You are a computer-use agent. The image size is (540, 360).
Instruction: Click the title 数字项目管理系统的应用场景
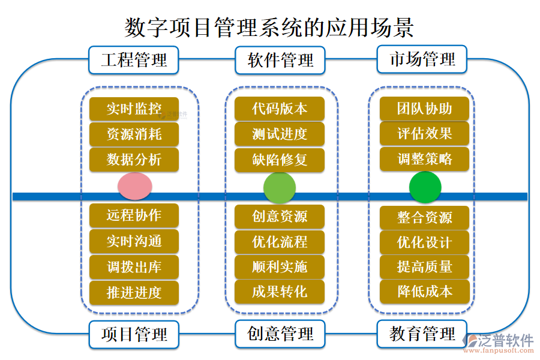pyautogui.click(x=269, y=27)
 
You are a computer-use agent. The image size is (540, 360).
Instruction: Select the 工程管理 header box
pyautogui.click(x=134, y=60)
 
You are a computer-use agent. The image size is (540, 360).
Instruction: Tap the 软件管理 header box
pyautogui.click(x=280, y=60)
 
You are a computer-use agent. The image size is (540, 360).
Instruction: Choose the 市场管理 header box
pyautogui.click(x=422, y=59)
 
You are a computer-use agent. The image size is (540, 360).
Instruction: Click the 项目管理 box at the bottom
pyautogui.click(x=134, y=334)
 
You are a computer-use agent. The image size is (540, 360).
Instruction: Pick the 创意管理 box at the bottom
pyautogui.click(x=280, y=334)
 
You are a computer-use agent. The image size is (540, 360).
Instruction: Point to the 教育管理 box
pyautogui.click(x=422, y=334)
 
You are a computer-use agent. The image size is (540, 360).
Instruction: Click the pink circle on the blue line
pyautogui.click(x=134, y=186)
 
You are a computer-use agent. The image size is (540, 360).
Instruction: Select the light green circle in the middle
pyautogui.click(x=280, y=188)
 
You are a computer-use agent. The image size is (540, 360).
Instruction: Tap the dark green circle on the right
pyautogui.click(x=425, y=187)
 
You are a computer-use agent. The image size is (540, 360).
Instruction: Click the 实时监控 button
pyautogui.click(x=134, y=109)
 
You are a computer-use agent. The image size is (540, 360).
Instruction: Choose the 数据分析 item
pyautogui.click(x=134, y=160)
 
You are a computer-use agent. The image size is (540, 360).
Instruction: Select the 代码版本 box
pyautogui.click(x=280, y=109)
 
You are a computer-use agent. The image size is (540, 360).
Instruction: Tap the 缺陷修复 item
pyautogui.click(x=280, y=160)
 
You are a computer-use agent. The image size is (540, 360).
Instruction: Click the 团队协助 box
pyautogui.click(x=425, y=109)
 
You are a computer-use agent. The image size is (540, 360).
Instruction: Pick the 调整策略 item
pyautogui.click(x=425, y=159)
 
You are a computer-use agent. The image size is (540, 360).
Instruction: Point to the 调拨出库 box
pyautogui.click(x=134, y=267)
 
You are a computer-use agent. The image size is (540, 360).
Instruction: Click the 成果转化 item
pyautogui.click(x=280, y=292)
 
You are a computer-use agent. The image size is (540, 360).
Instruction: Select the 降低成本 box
pyautogui.click(x=425, y=292)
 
